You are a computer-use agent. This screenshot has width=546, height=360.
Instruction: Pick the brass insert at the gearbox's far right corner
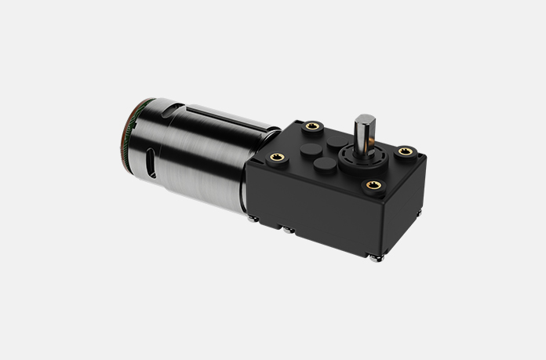click(x=405, y=150)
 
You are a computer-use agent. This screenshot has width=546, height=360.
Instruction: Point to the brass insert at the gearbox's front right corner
click(x=370, y=185)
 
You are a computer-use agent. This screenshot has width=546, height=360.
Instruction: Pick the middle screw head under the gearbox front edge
click(x=291, y=231)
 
